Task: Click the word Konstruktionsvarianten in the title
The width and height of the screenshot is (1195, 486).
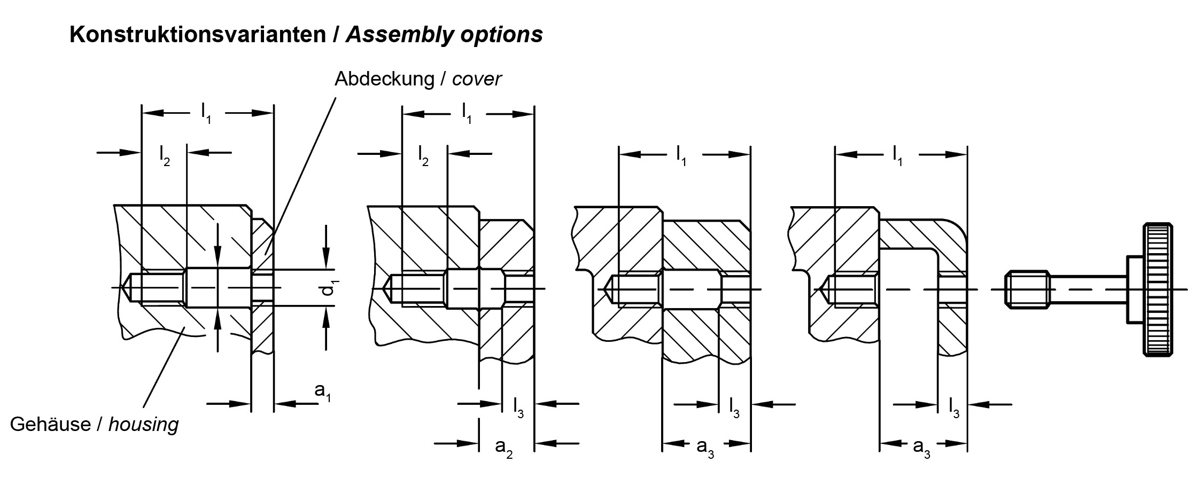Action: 198,35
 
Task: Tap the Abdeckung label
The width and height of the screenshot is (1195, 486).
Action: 384,79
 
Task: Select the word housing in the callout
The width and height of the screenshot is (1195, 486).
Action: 143,425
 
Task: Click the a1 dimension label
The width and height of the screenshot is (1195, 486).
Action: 322,393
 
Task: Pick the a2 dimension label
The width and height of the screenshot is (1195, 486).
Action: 504,447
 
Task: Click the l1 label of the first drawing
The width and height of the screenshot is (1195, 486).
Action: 206,113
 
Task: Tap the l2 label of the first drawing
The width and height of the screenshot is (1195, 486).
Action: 164,156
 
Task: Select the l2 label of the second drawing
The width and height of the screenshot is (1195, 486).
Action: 424,156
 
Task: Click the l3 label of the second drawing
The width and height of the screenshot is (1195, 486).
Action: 518,407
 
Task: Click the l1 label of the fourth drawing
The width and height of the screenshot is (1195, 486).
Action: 898,156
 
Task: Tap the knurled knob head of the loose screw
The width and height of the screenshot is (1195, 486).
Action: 1158,288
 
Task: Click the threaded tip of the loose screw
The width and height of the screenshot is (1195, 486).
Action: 1027,289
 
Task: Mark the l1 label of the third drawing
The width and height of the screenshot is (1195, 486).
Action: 681,156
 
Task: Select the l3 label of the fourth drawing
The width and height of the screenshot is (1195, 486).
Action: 954,407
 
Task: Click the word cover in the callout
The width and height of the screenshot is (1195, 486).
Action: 477,79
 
